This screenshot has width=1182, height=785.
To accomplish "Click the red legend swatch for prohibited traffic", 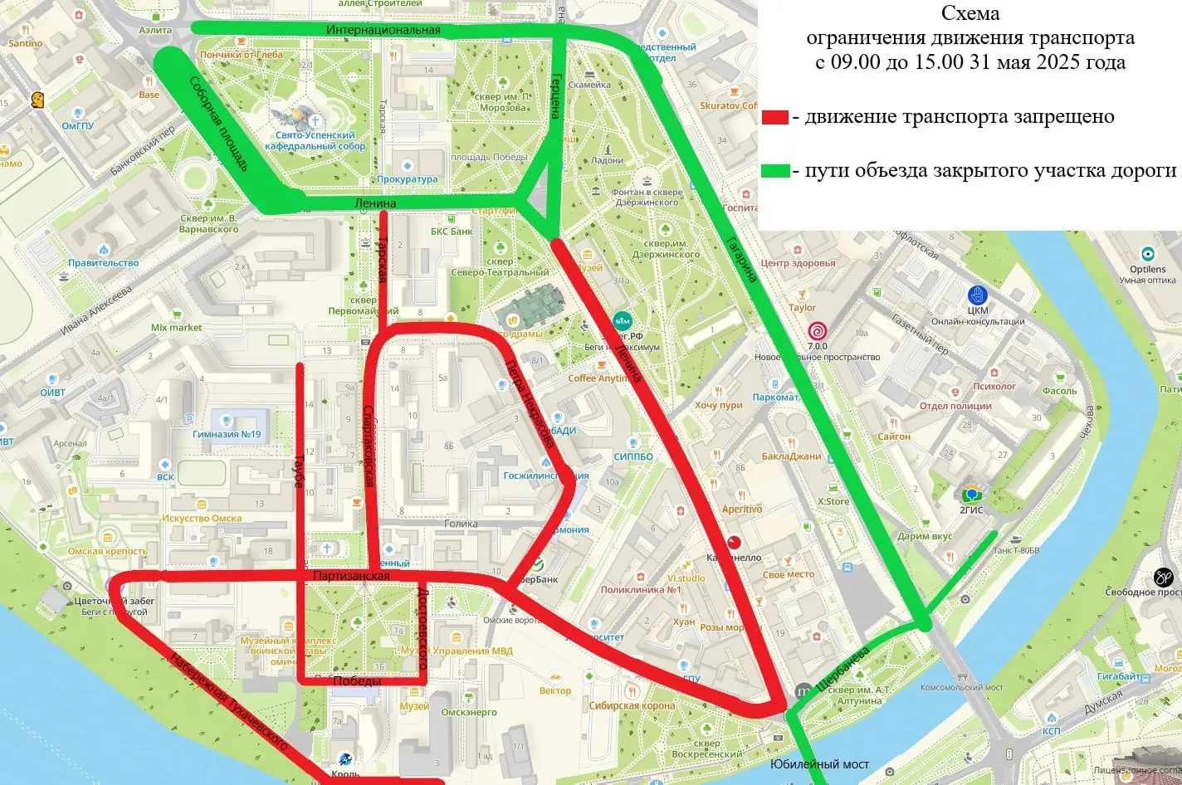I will (x=774, y=117).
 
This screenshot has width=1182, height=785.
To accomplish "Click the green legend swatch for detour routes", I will (x=775, y=171).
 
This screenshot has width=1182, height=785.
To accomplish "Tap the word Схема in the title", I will (x=970, y=13).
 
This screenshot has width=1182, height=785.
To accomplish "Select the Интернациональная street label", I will (x=383, y=30).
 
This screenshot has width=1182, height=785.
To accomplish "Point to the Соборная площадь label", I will (x=218, y=124).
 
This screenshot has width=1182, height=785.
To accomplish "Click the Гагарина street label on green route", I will (x=742, y=259).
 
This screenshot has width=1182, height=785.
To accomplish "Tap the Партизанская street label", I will (x=351, y=575).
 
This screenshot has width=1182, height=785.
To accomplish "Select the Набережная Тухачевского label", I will (x=228, y=702).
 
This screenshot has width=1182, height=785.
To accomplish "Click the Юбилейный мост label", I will (x=819, y=763).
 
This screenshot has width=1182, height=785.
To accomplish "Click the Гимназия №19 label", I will (x=227, y=434).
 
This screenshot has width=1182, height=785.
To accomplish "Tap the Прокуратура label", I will (x=407, y=179).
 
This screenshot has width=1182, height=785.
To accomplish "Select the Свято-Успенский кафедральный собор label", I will (x=315, y=140).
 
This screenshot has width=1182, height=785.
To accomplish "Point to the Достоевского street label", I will (x=422, y=628).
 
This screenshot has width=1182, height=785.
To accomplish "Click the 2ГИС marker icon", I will (x=971, y=494).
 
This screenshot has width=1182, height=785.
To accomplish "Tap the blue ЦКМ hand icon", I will (x=977, y=295).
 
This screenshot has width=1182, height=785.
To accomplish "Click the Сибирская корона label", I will (x=632, y=706).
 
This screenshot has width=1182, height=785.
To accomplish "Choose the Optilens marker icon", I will (x=1147, y=254).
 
